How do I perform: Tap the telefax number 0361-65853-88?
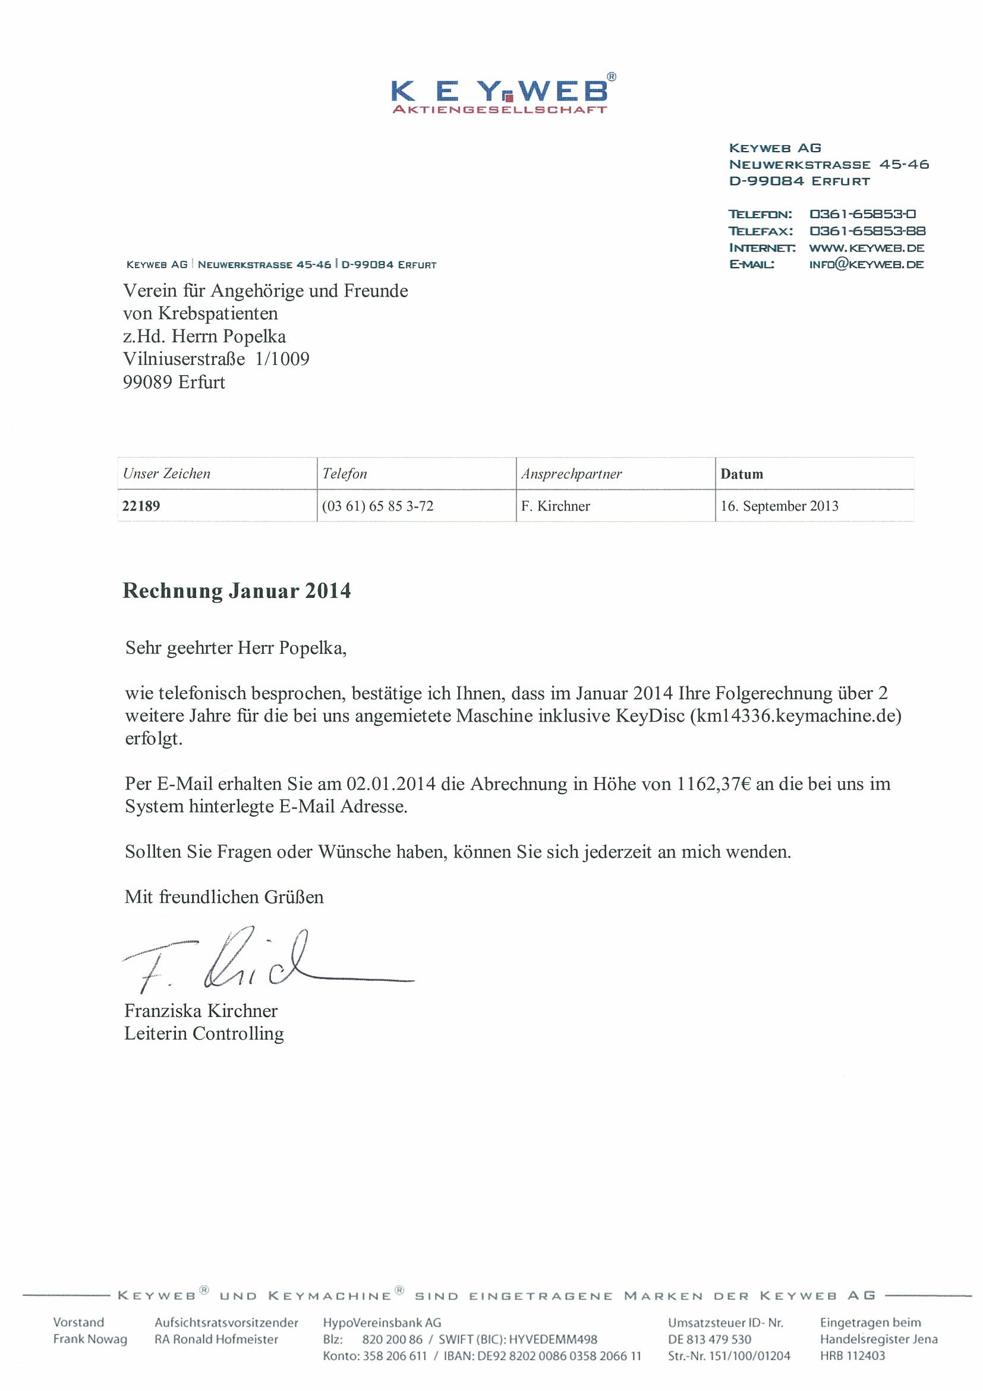click(867, 231)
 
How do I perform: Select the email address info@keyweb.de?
click(866, 264)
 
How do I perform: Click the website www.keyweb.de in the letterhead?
click(866, 248)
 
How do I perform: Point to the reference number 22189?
click(141, 506)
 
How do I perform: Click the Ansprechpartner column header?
click(571, 474)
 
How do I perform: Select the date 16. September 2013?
click(780, 506)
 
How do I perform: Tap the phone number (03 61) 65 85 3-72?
click(378, 506)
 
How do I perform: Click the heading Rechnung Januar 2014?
click(237, 591)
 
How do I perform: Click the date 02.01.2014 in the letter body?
click(390, 784)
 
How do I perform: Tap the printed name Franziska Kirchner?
click(201, 1011)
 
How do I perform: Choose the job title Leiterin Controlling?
click(204, 1034)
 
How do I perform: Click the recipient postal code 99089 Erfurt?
click(174, 382)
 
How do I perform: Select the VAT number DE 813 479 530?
click(709, 1339)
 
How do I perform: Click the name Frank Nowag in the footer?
click(90, 1339)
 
